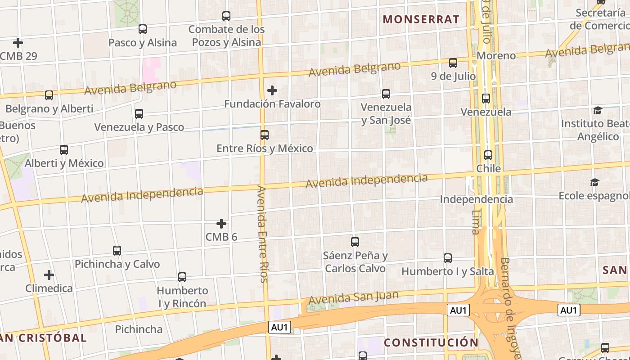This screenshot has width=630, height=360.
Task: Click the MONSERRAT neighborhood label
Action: pos(421,19)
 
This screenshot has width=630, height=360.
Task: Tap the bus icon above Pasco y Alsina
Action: pos(143,29)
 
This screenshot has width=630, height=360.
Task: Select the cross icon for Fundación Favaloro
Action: pos(272,90)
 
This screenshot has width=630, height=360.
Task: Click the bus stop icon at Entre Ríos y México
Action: pos(265,135)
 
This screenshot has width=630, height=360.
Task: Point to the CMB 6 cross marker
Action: pos(221,224)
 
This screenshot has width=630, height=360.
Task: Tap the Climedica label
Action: pos(49,288)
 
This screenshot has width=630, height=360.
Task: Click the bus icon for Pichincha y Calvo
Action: pos(117,251)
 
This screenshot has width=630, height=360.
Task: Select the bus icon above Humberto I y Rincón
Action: pos(182,277)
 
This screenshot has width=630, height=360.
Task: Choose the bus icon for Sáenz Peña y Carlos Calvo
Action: pos(355,242)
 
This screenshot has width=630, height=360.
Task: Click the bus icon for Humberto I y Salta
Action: pos(448,258)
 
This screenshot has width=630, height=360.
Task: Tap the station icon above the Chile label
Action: pos(488,155)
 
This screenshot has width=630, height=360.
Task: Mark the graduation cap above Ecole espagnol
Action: pos(595,182)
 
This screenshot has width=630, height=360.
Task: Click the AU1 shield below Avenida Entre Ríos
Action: pos(279,327)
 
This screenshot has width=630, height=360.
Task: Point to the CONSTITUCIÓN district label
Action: pos(431,342)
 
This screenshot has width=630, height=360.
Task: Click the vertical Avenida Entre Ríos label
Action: pos(262,234)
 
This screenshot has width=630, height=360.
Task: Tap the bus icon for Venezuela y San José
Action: pos(386,94)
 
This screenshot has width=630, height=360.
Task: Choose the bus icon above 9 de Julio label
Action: pos(453,63)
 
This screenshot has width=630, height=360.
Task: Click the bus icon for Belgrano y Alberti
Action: pos(49,95)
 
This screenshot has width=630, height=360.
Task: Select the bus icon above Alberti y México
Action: pos(64,150)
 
